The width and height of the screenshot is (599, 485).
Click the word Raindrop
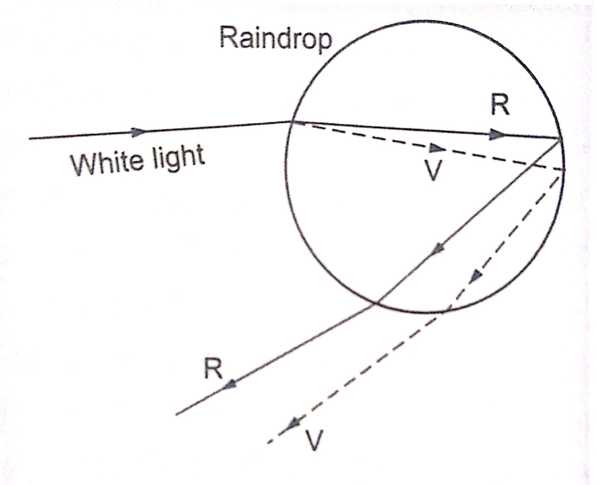point(275,40)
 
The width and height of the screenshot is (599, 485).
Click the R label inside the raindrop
point(500,105)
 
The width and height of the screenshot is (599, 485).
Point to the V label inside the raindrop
point(433,171)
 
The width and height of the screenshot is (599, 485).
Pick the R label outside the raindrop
point(213,368)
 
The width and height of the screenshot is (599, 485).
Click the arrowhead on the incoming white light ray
point(139,132)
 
